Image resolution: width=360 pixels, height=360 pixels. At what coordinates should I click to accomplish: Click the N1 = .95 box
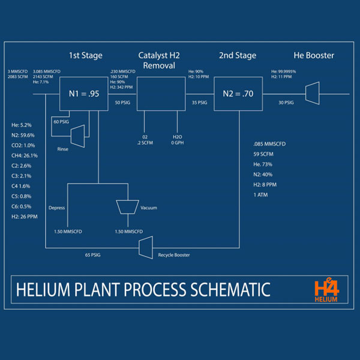[85, 94]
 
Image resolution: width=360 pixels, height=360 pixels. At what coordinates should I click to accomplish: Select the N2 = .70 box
[239, 94]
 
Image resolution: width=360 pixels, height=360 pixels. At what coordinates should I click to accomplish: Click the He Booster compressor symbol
[312, 94]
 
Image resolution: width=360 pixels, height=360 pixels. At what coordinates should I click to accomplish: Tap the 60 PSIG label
[62, 122]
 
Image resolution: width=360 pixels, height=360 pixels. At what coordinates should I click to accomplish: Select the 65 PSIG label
[93, 255]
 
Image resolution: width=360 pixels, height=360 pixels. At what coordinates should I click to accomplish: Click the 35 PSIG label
[198, 103]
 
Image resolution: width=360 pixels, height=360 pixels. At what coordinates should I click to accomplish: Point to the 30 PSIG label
[286, 103]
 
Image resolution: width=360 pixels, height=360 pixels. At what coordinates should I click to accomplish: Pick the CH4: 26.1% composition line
[25, 155]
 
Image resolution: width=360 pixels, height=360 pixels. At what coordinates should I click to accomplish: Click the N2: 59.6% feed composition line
[25, 135]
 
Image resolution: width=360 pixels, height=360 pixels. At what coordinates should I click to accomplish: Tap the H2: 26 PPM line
[25, 217]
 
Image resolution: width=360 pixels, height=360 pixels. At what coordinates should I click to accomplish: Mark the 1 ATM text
[260, 195]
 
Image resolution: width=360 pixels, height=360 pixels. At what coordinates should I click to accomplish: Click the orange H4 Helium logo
[325, 290]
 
